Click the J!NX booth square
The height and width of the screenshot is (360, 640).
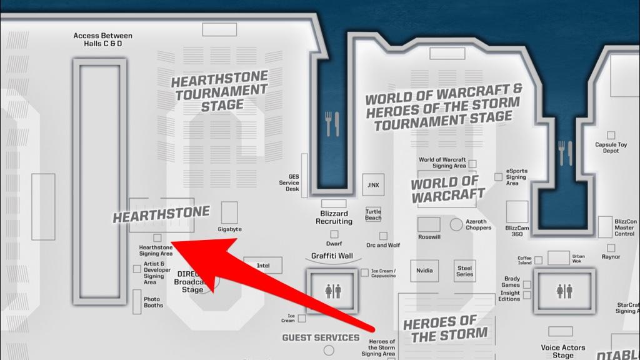(373, 185)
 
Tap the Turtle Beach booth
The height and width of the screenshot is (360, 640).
(373, 214)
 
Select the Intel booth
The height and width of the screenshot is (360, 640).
(263, 266)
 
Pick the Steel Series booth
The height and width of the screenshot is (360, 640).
(464, 270)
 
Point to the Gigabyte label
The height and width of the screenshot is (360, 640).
(230, 229)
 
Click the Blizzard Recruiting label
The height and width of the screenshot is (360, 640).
(334, 217)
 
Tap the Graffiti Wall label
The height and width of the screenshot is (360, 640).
(332, 256)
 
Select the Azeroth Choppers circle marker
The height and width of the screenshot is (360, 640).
(456, 224)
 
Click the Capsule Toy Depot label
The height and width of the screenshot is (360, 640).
(611, 147)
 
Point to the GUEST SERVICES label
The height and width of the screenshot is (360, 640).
(321, 337)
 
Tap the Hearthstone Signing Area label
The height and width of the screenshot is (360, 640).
(156, 251)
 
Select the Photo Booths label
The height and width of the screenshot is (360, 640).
(153, 302)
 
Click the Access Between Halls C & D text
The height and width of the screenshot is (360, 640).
(104, 40)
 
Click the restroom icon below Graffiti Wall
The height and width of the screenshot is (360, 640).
(332, 291)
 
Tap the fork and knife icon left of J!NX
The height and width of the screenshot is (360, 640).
(332, 124)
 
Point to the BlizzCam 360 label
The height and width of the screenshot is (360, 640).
(516, 231)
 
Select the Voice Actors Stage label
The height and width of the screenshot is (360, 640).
(563, 351)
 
